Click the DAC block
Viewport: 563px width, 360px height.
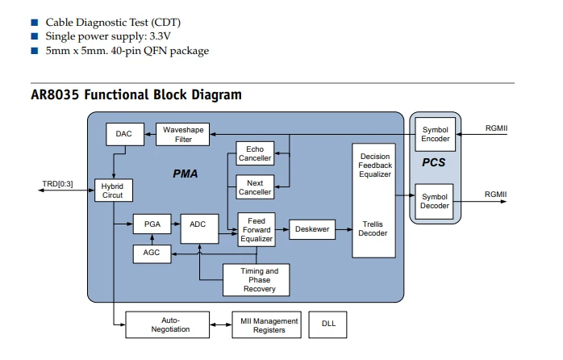[125, 134]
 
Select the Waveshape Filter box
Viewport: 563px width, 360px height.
[183, 134]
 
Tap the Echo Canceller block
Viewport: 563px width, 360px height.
[255, 153]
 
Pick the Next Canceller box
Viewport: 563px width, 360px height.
[255, 187]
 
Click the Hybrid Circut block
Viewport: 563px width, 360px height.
[114, 190]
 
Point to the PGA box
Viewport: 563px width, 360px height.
[152, 224]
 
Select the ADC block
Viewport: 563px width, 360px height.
[199, 228]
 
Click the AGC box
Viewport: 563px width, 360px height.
[152, 253]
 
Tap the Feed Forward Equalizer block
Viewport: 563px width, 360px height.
[256, 229]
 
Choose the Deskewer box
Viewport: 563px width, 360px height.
[312, 229]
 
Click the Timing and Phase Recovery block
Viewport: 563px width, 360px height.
[256, 280]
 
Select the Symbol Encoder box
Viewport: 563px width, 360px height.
[436, 134]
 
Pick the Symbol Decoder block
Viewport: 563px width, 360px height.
[434, 201]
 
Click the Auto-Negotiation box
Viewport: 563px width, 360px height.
[167, 324]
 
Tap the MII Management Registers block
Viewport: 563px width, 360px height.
[266, 324]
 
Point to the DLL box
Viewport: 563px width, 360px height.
[327, 324]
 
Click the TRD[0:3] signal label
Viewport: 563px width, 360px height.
[57, 184]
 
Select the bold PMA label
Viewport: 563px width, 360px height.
[186, 174]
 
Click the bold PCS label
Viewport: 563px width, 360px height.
[434, 162]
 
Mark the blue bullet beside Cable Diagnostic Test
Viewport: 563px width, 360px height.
[35, 23]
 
